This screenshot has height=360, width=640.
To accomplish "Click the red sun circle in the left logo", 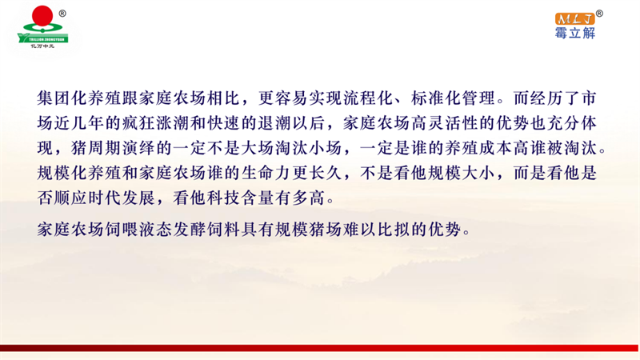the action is (42, 16).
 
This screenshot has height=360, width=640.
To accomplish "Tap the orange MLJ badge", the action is (574, 18).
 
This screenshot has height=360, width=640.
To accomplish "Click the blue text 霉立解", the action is (574, 33).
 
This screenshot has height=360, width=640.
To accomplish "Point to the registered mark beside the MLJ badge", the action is (599, 14).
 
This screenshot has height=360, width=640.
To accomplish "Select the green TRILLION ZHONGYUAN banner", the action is (43, 38).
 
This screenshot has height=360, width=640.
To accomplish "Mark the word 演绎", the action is (138, 148).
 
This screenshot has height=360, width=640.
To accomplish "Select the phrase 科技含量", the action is (241, 198).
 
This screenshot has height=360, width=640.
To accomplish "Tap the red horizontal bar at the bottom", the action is (319, 348).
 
